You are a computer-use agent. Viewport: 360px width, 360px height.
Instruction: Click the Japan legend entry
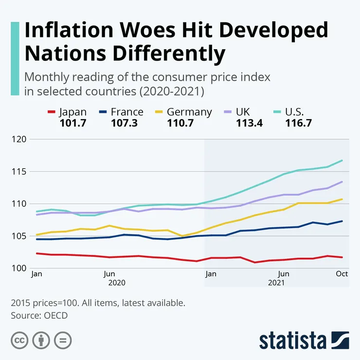(x=72, y=112)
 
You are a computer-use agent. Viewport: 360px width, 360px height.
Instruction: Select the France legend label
(x=127, y=112)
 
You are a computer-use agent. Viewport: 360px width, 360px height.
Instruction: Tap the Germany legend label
(x=189, y=112)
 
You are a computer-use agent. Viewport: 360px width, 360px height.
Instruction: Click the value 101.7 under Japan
(x=73, y=123)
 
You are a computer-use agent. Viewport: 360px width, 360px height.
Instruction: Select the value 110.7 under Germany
(x=180, y=123)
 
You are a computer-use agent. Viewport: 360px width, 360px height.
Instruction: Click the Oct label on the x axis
(x=342, y=274)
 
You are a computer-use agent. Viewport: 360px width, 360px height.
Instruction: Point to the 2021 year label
(x=276, y=283)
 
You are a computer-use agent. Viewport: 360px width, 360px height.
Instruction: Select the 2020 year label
(x=117, y=283)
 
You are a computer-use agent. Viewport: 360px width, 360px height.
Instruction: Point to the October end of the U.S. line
(x=342, y=161)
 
